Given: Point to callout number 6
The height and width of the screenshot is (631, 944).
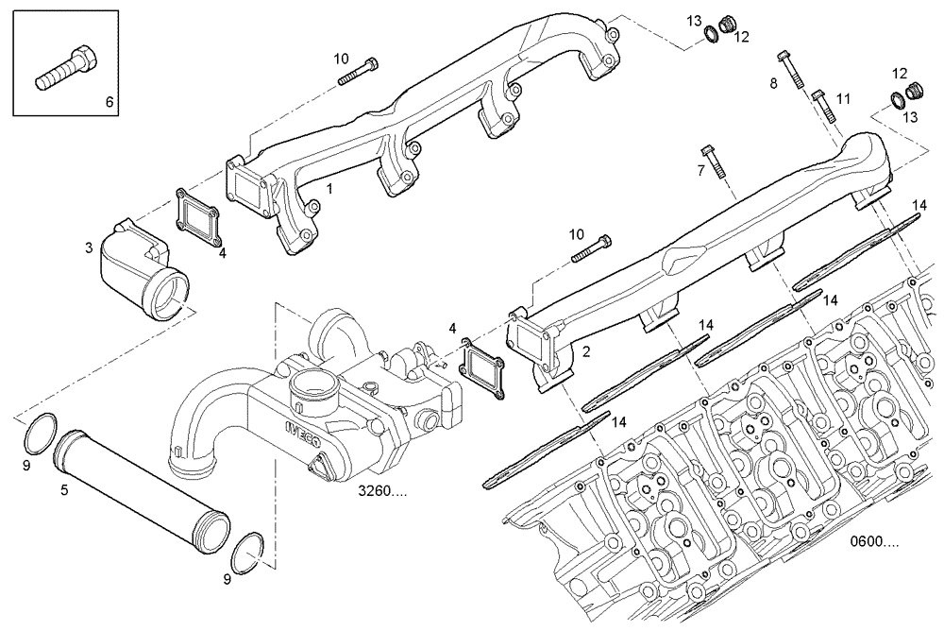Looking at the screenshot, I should (108, 100).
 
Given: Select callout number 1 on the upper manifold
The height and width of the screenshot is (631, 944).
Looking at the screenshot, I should (329, 189).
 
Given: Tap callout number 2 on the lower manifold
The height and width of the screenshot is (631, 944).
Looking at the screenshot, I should (586, 351).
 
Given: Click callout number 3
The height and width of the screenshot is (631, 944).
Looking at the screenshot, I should (88, 247).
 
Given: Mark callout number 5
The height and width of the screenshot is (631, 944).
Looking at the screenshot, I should (64, 489).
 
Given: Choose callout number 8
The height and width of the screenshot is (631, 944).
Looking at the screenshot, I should (773, 83).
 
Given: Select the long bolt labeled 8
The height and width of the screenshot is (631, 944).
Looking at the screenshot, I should (792, 66).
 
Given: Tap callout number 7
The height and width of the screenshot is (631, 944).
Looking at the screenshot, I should (700, 170).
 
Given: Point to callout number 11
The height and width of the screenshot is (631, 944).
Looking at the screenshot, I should (843, 98).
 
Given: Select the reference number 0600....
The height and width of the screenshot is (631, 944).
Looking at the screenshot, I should (874, 542).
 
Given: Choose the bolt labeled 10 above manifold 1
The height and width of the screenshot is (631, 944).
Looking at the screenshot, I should (358, 71).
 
